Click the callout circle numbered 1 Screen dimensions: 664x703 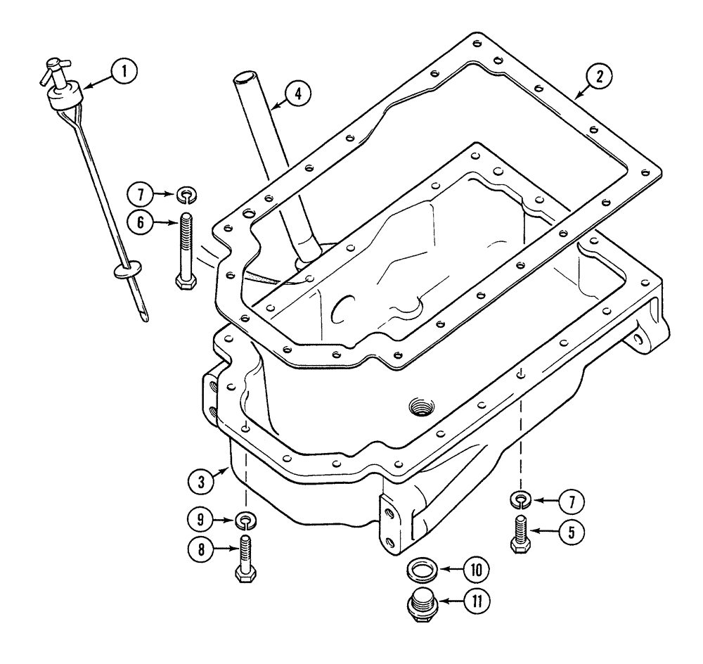pos(126,70)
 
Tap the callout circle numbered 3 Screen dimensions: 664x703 pos(202,483)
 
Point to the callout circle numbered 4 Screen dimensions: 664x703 pos(299,94)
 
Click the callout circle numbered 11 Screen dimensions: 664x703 pos(476,602)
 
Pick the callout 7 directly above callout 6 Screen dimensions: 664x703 pos(141,193)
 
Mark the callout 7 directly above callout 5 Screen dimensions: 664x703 pos(571,502)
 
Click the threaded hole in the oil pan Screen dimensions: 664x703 pos(422,405)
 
